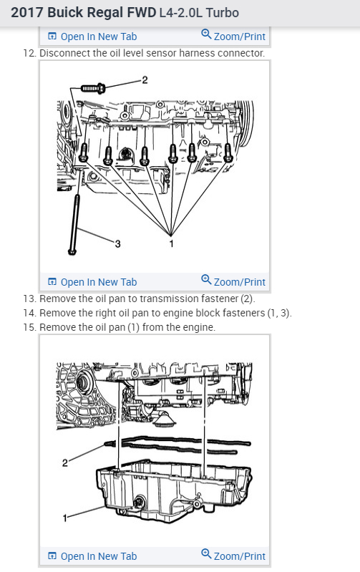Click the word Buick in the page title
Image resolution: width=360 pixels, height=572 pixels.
pos(64,12)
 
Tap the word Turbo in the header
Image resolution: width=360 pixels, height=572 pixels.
pos(222,13)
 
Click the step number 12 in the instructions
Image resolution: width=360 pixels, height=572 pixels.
pos(29,53)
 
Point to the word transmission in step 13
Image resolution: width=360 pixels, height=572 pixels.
pos(165,299)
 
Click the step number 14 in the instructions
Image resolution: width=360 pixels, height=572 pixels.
pos(29,313)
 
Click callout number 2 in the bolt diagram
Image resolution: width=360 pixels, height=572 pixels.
pos(145,80)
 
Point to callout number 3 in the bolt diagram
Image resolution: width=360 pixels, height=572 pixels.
pos(117,243)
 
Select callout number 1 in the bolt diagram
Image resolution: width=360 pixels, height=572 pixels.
pos(171,243)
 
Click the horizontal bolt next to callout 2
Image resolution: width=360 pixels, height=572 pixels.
pos(93,88)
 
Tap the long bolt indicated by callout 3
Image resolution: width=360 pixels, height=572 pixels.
pos(74,224)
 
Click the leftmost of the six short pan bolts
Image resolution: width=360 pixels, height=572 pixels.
pos(84,152)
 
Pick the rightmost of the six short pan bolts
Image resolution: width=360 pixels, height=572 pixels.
pos(228,152)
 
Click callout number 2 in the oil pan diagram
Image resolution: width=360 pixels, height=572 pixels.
pos(65,463)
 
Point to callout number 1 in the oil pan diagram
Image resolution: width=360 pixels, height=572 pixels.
pos(65,518)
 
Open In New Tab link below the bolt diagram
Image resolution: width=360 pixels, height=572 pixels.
pos(92,282)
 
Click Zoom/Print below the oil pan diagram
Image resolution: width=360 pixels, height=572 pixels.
pos(233,556)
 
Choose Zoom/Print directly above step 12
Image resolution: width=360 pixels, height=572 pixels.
pos(233,36)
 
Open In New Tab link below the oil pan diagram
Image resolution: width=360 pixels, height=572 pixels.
pos(92,556)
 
